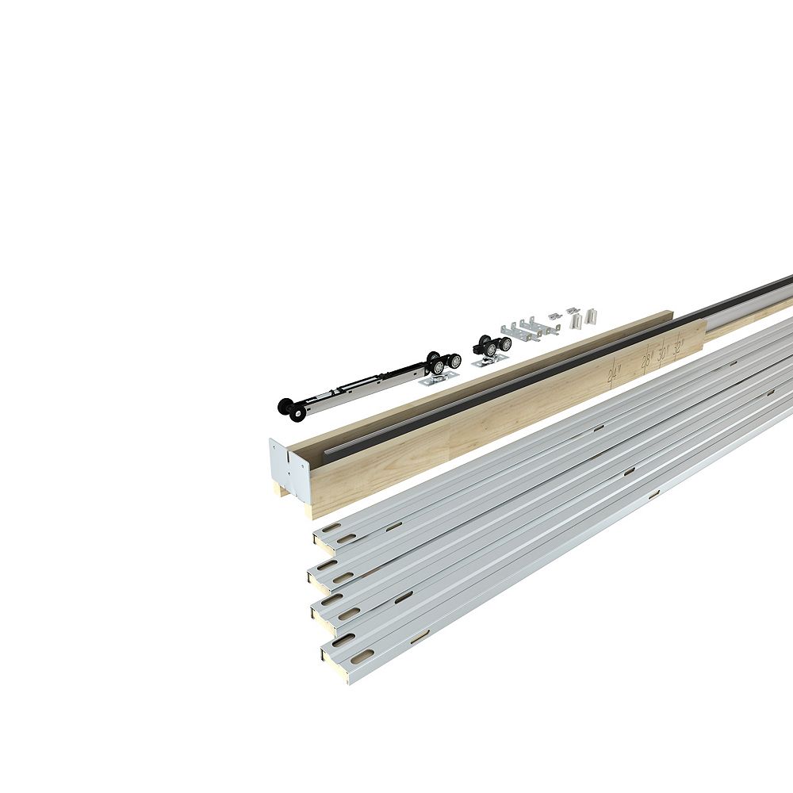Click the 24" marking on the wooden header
click(x=614, y=370)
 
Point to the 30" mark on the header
click(x=663, y=352)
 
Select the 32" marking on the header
click(x=678, y=347)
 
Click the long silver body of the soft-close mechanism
click(x=357, y=384)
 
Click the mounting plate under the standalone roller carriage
click(x=485, y=362)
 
